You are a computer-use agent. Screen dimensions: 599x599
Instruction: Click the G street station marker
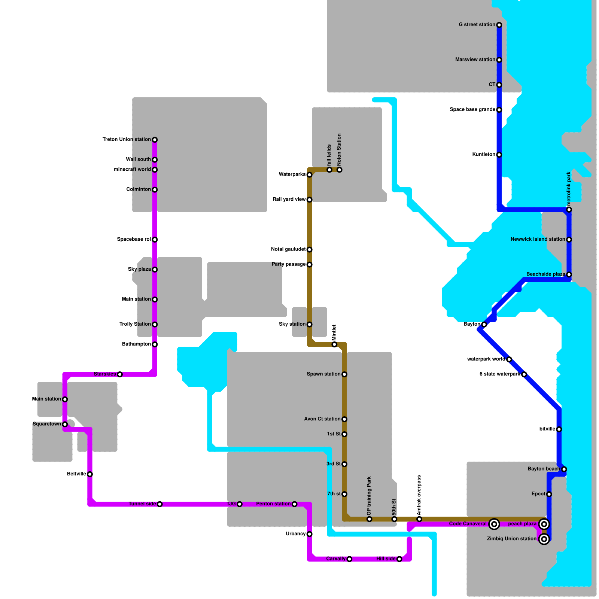tap(499, 25)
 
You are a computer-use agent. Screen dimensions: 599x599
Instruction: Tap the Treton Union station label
tap(127, 140)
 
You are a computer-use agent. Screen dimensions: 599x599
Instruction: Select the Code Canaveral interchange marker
tap(494, 524)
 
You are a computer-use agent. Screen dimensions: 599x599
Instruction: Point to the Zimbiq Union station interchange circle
tap(544, 539)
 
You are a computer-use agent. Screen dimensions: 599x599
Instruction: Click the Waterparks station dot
tap(309, 175)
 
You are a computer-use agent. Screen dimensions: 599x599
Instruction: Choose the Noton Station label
tap(339, 150)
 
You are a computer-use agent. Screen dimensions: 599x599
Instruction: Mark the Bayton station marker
tap(484, 325)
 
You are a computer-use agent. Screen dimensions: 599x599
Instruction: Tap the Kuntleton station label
tap(484, 155)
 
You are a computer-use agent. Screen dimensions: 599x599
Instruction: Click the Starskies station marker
tap(120, 374)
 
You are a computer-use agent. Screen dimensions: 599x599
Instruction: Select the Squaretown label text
tap(47, 424)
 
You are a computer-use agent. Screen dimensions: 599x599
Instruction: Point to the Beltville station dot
tap(90, 474)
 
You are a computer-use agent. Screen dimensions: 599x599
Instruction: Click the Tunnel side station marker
tap(160, 504)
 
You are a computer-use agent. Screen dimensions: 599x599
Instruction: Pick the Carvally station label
tap(336, 559)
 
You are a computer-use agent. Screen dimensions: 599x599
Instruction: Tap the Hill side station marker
tap(399, 559)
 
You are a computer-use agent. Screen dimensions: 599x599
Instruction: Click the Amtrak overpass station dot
tap(419, 519)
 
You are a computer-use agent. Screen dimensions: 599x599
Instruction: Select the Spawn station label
tap(323, 374)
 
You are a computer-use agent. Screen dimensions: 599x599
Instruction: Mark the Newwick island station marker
tap(569, 240)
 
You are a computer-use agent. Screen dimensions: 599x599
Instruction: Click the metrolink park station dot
tap(569, 210)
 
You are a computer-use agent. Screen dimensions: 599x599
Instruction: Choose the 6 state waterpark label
tap(500, 374)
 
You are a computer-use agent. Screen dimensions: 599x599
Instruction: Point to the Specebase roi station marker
tap(155, 240)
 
